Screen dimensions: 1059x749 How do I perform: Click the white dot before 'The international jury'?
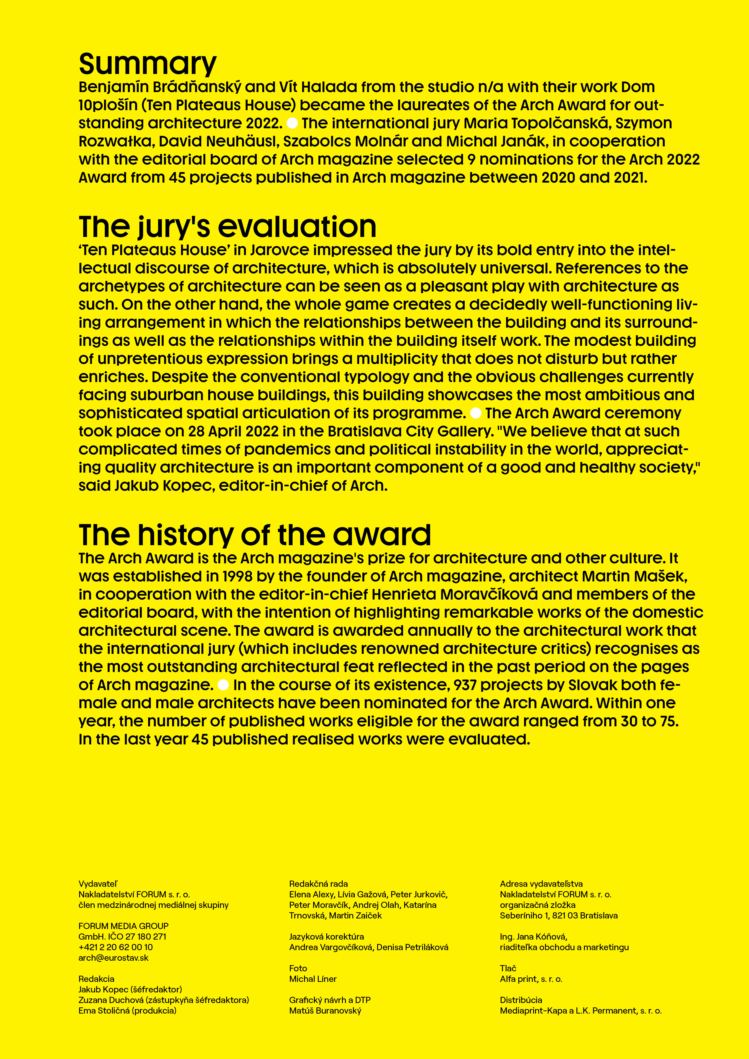click(292, 123)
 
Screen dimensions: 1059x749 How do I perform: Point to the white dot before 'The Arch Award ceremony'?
click(476, 413)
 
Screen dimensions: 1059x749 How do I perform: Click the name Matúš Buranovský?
click(325, 1011)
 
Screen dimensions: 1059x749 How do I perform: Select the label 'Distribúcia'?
click(521, 1000)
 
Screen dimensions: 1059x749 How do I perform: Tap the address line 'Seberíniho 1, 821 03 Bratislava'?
click(558, 916)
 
